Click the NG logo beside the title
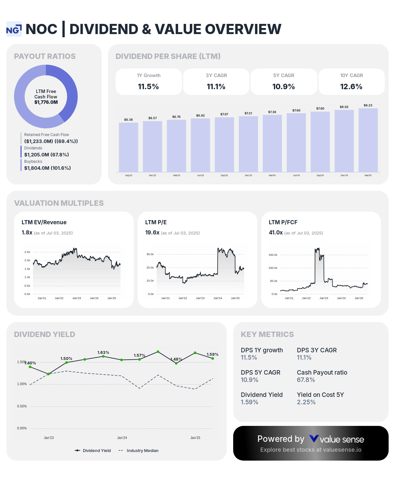coord(14,29)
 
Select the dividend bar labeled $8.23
coord(368,140)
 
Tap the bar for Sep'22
coord(128,147)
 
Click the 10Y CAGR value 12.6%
coord(351,87)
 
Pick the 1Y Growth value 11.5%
coord(148,87)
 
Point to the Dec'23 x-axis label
coord(248,176)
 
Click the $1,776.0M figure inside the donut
coord(46,102)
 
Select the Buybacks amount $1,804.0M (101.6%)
coord(47,168)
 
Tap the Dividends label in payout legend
coord(33,148)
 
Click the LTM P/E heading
coord(156,222)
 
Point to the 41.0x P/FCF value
coord(276,233)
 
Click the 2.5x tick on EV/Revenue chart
coord(27,252)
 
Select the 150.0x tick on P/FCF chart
coord(273,255)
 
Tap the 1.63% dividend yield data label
coord(103,352)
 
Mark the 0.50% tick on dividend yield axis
coord(22,406)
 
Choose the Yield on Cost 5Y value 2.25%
coord(306,402)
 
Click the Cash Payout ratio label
coord(322,372)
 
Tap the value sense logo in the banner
coord(336,439)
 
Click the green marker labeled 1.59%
coord(212,358)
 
